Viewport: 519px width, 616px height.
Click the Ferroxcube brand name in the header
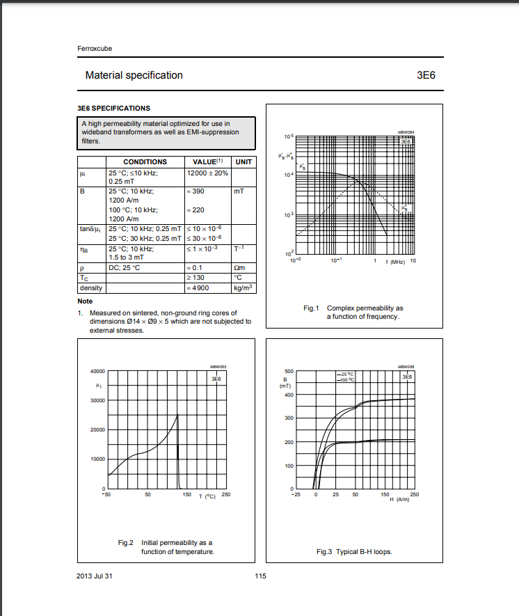point(94,49)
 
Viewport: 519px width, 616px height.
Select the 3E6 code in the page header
point(425,75)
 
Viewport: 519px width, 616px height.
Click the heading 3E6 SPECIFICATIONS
point(113,108)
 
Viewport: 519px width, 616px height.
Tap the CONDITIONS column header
point(145,161)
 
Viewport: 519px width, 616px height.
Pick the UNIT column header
point(243,161)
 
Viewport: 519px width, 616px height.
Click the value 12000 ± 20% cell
point(208,172)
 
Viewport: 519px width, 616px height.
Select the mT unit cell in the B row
point(241,190)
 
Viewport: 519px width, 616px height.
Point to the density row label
point(91,287)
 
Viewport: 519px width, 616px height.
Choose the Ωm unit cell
point(241,268)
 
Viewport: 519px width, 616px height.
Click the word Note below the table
point(85,301)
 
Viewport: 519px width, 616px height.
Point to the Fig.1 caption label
point(310,308)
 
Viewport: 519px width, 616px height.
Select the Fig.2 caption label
point(126,542)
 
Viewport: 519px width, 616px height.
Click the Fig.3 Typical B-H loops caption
point(354,552)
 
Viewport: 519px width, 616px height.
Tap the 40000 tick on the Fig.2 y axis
point(96,371)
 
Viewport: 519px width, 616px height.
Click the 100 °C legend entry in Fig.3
point(346,380)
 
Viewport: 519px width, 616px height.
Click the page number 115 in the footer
point(260,576)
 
